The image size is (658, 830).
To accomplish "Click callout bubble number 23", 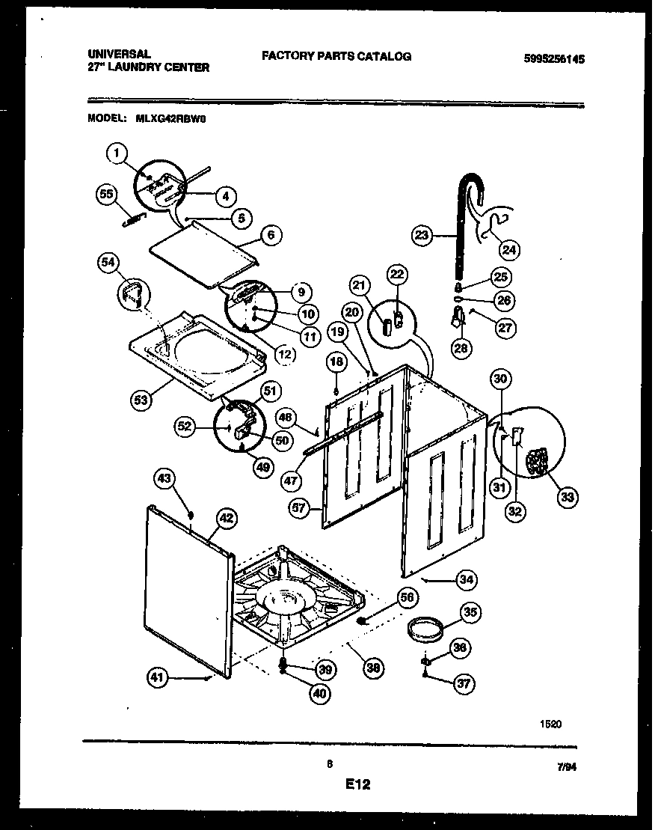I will [422, 235].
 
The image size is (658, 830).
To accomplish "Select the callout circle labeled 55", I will [108, 194].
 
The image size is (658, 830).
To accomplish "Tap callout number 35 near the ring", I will [469, 613].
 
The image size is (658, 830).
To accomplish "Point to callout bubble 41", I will [156, 678].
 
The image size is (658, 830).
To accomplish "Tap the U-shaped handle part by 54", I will [132, 292].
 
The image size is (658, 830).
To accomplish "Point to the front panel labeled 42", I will [187, 591].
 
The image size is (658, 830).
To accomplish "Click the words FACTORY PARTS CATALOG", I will [336, 56].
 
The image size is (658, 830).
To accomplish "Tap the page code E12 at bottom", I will [358, 785].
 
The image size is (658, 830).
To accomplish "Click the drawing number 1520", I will [550, 724].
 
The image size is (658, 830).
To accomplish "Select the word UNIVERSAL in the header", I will [120, 55].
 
